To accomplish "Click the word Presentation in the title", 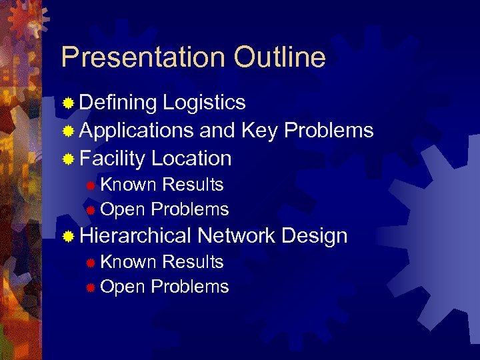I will [144, 58].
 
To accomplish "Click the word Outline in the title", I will [279, 57].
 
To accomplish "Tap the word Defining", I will [118, 103].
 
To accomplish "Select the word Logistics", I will [204, 103].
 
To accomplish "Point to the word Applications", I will [137, 131].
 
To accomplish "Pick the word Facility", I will [112, 159].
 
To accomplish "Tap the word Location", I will [191, 159].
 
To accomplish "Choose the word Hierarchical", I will [135, 236].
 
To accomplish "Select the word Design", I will [314, 236].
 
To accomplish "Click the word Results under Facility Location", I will [193, 185].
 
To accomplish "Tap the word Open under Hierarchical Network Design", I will [123, 287].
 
